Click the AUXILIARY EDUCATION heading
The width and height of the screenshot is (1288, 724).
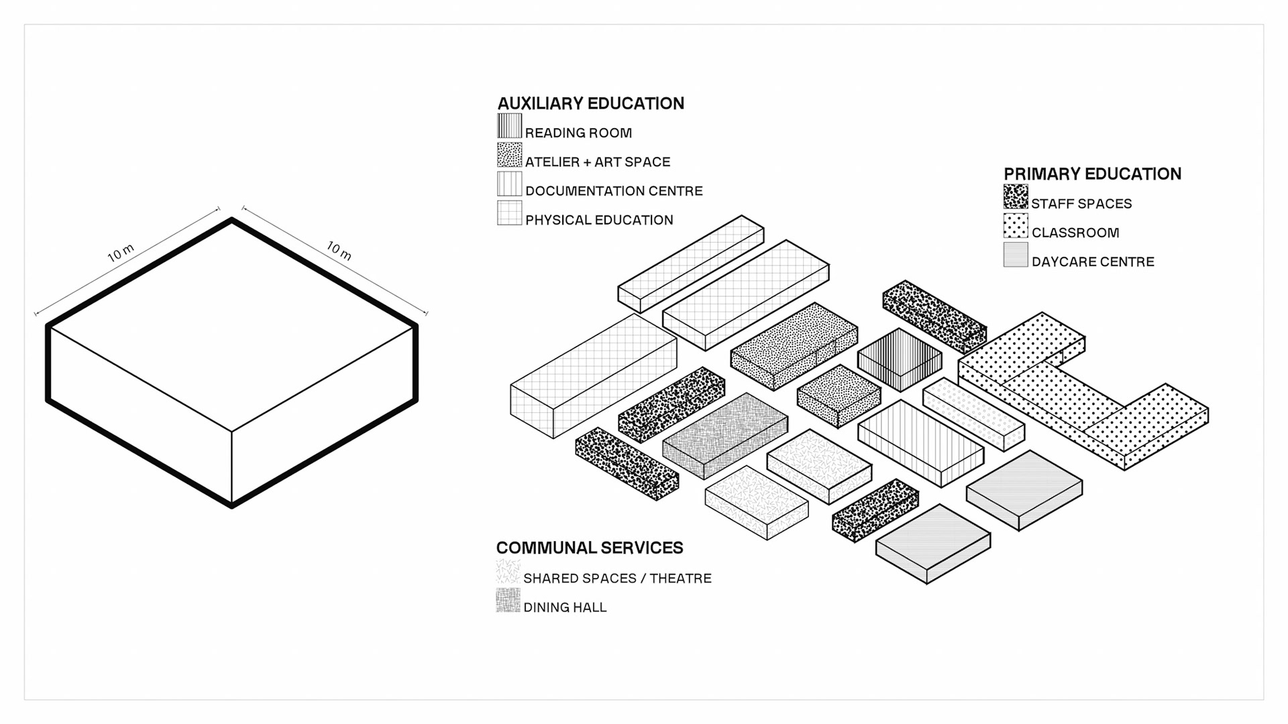590,103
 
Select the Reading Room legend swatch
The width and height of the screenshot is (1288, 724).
509,126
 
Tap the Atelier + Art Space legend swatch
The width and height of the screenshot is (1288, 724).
509,155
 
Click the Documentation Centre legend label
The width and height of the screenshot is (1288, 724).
613,191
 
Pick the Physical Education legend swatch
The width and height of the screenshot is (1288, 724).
509,213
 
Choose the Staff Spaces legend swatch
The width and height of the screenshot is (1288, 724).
1015,197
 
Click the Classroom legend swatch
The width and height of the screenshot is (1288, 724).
1015,227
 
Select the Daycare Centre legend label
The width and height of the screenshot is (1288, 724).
1092,262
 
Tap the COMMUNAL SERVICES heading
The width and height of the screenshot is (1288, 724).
589,548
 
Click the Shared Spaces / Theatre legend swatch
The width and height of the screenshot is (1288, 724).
508,572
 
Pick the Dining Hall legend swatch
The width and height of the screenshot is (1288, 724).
508,601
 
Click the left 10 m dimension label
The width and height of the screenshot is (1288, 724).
121,253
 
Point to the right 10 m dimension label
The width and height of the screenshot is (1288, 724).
339,251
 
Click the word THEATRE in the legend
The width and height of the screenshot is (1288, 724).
680,579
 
